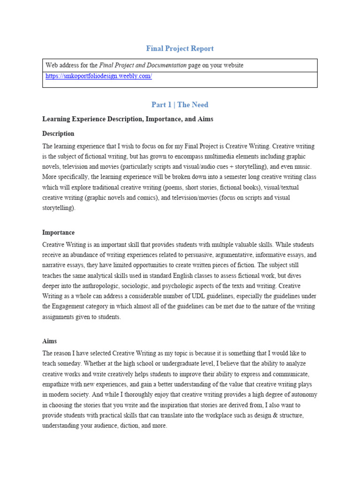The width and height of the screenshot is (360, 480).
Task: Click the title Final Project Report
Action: (180, 48)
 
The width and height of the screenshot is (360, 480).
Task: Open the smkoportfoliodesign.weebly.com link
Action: (98, 76)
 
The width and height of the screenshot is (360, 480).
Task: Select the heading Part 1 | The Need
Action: (180, 105)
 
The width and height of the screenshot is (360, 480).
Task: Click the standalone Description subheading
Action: (58, 134)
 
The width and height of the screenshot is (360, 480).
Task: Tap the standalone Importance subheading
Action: (58, 232)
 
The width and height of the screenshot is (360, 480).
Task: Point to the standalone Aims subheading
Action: (49, 341)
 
